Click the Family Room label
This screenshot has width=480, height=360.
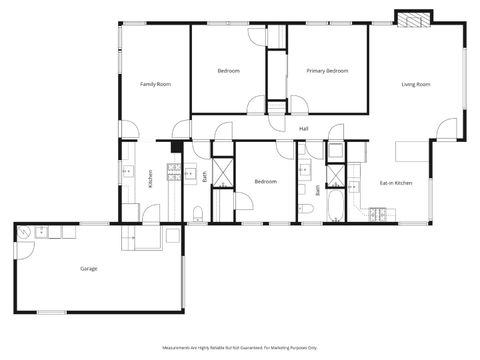click(155, 84)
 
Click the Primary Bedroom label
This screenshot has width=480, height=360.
click(327, 71)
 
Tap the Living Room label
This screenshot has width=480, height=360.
click(415, 84)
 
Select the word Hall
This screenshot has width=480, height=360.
click(303, 129)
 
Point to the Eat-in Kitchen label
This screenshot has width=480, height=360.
click(396, 183)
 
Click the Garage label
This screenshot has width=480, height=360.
click(89, 269)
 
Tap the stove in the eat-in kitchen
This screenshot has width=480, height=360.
click(378, 213)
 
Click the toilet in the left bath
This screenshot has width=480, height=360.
click(198, 212)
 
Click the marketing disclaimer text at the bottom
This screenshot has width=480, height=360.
click(239, 347)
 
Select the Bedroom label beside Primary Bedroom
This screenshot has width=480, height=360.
click(228, 71)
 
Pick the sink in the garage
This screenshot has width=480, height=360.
click(43, 233)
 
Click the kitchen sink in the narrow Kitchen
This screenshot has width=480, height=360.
click(127, 172)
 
